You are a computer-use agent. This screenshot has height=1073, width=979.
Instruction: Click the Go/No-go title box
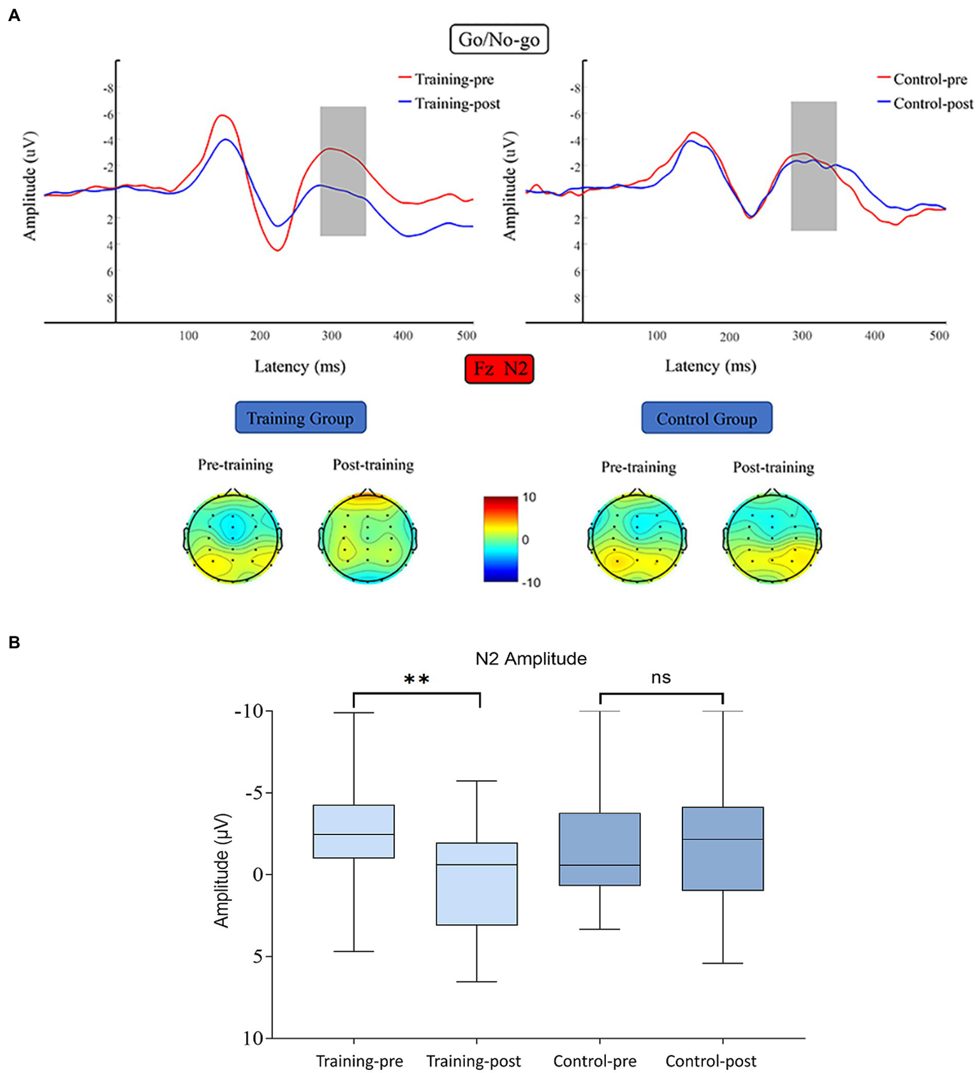click(499, 40)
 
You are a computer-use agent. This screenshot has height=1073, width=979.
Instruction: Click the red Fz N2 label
click(499, 369)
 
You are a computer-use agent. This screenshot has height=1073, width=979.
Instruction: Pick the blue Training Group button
click(300, 418)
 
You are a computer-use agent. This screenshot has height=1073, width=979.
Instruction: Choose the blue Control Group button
click(707, 419)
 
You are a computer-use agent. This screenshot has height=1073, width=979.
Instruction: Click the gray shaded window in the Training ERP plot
click(343, 171)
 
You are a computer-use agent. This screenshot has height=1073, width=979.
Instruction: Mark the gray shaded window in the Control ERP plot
click(814, 166)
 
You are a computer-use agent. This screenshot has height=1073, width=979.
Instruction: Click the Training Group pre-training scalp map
click(233, 537)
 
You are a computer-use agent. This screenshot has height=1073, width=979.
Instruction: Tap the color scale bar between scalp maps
click(501, 539)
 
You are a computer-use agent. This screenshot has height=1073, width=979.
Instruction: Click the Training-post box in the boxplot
click(476, 884)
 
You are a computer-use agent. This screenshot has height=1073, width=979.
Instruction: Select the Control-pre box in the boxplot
click(600, 849)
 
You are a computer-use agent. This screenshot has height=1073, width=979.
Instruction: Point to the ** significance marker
click(416, 680)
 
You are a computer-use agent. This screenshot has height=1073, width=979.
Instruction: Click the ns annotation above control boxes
click(661, 678)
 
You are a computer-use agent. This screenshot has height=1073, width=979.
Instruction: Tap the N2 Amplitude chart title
click(531, 659)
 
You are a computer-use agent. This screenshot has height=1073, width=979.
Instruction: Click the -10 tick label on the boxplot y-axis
click(249, 711)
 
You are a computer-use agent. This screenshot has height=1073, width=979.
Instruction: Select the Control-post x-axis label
click(710, 1061)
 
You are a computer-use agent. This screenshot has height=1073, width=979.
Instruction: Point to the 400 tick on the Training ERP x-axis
click(402, 335)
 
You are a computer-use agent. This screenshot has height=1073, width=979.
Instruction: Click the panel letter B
click(15, 643)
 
